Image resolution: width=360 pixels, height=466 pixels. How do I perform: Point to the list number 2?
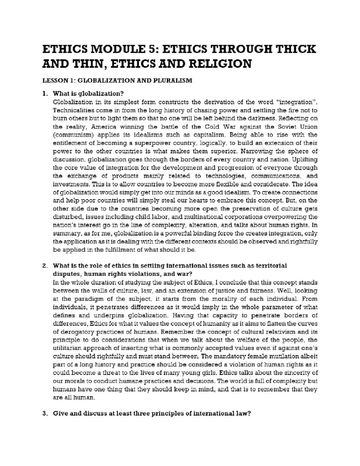pyautogui.click(x=45, y=266)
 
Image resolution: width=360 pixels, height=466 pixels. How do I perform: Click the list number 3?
pyautogui.click(x=45, y=413)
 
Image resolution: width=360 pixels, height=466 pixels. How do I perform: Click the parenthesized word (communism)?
pyautogui.click(x=71, y=135)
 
